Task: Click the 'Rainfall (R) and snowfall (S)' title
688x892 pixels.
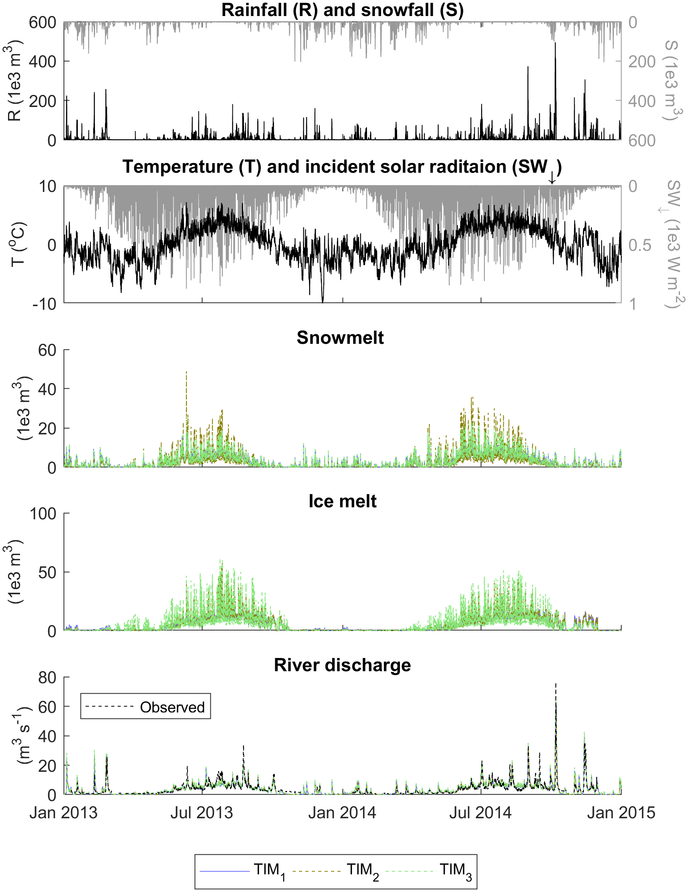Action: tap(342, 10)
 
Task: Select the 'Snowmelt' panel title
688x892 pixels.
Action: tap(340, 338)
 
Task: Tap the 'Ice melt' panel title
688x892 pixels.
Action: tap(342, 501)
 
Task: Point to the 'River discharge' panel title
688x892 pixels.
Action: tap(342, 665)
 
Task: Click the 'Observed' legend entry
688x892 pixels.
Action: tap(171, 707)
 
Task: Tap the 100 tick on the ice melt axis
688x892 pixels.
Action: tap(43, 513)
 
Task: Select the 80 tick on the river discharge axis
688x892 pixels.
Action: tap(47, 678)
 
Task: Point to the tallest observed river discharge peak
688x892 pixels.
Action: tap(556, 684)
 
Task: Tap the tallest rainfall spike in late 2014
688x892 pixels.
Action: tap(555, 43)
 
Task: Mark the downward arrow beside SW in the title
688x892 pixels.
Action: tap(552, 177)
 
